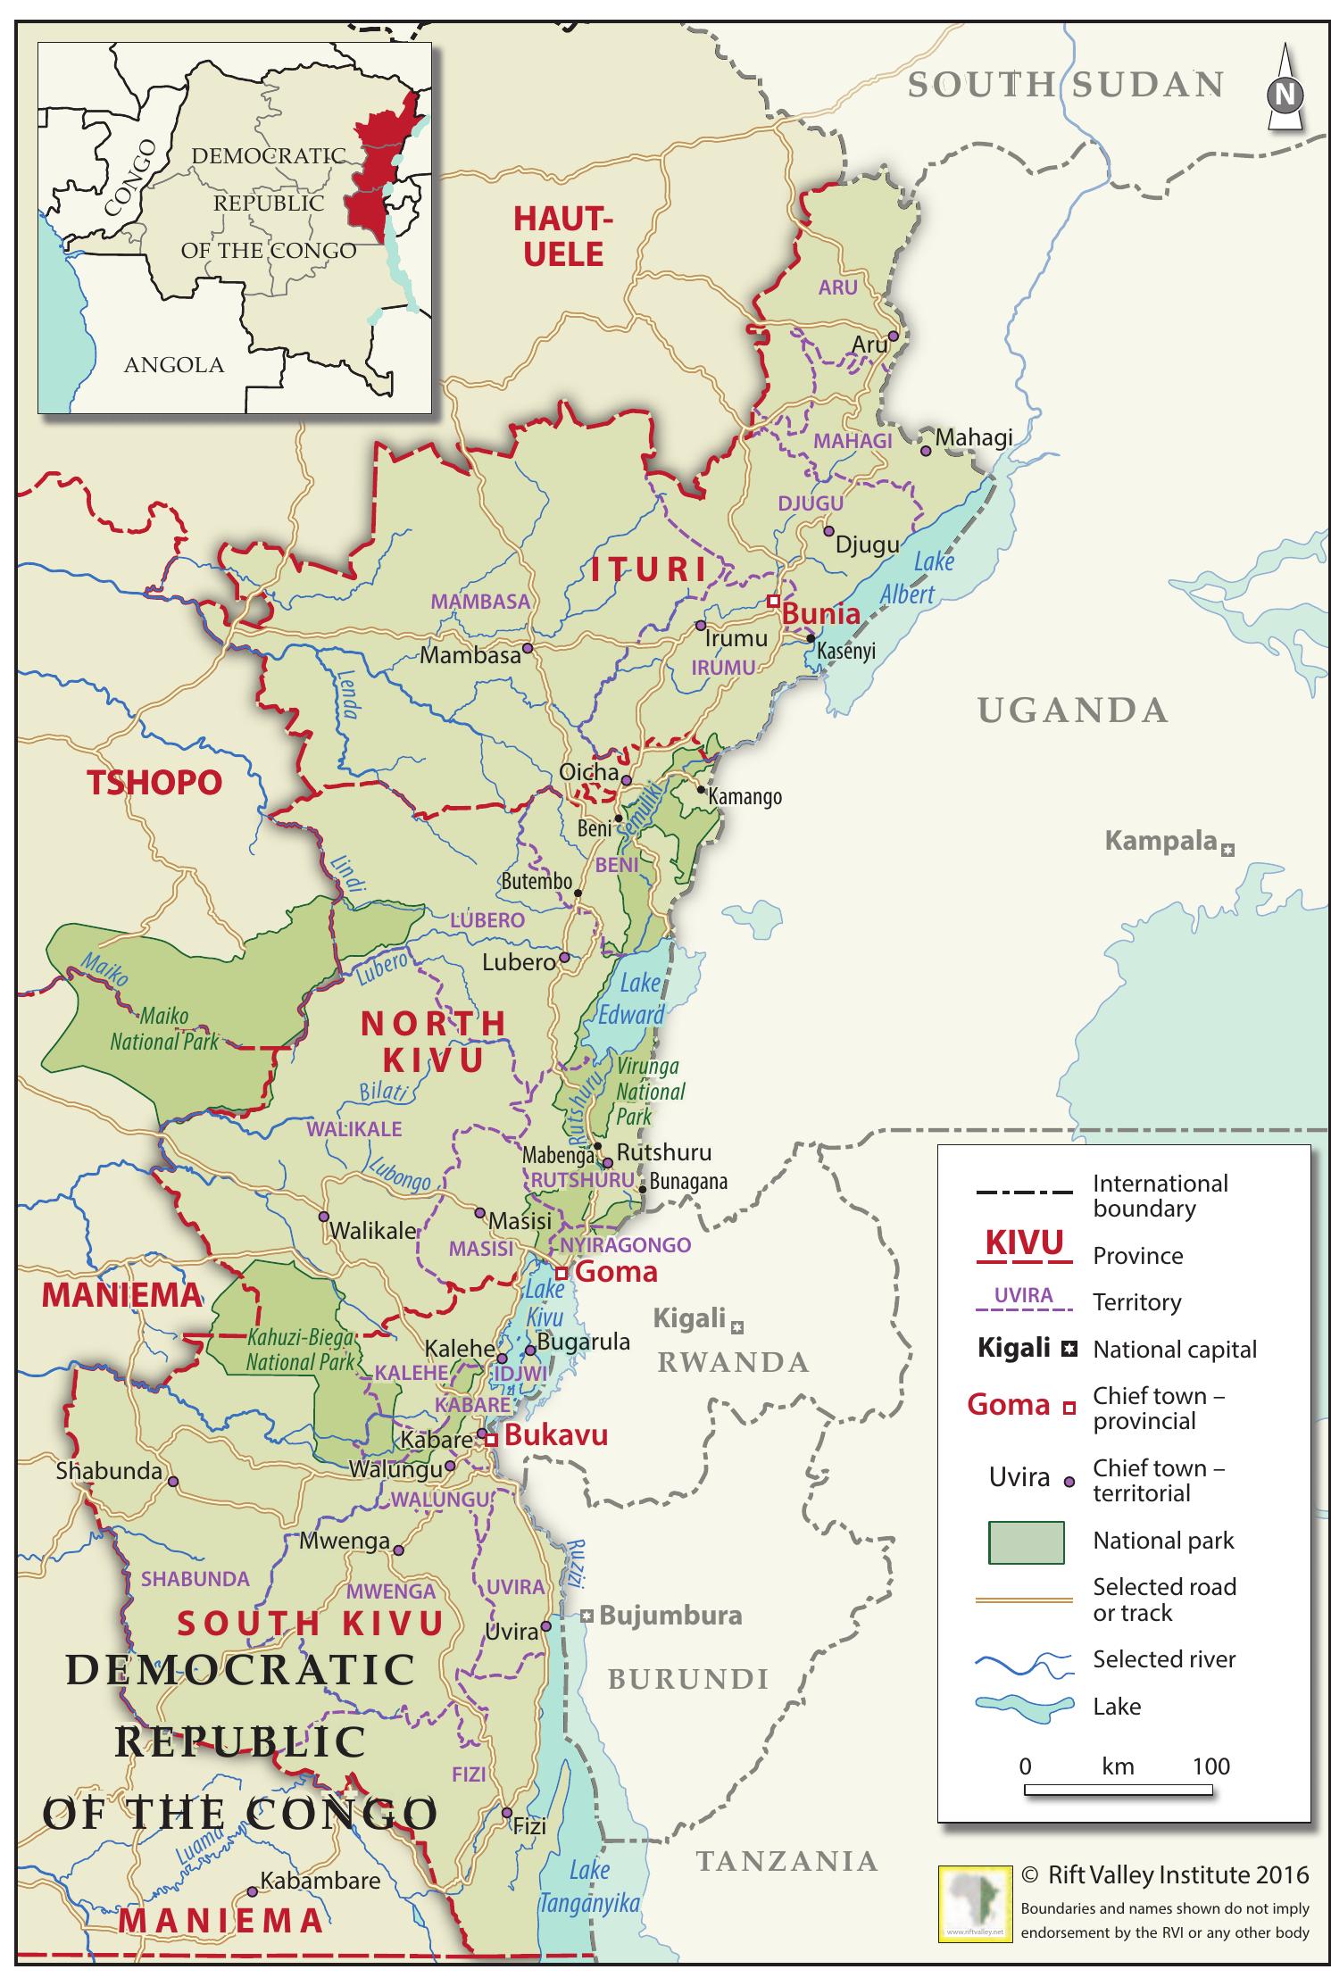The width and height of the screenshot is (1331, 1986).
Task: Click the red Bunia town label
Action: [820, 614]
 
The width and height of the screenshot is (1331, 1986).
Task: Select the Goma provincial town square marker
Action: [562, 1273]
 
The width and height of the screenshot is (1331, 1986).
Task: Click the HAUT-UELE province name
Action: [563, 237]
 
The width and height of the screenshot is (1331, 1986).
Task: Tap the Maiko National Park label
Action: [163, 1029]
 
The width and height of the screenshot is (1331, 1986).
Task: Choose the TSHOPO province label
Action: [154, 783]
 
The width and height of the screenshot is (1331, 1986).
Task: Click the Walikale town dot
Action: [324, 1217]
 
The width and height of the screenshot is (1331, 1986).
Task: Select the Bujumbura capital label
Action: [670, 1615]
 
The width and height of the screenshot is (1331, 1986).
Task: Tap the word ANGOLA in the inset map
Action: [174, 364]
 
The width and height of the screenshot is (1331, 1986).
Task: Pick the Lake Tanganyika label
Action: [589, 1886]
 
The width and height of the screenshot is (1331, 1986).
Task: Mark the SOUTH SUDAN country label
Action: [1065, 85]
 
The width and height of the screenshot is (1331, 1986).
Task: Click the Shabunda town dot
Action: [173, 1481]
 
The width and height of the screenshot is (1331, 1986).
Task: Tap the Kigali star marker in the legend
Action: [1068, 1350]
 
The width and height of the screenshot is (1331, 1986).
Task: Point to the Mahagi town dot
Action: [926, 451]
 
